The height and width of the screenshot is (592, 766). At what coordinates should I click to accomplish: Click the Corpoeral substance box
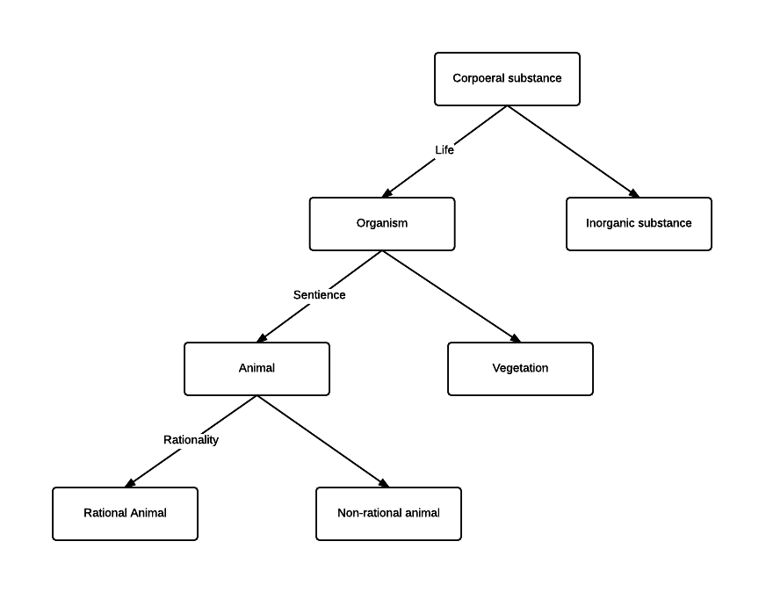[507, 79]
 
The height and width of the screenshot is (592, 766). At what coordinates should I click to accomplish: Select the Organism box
[382, 224]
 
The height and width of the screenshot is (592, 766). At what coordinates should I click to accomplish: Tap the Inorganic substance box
[639, 224]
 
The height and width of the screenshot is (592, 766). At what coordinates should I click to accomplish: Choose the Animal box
[257, 369]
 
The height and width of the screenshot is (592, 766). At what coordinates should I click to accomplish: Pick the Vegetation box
[520, 369]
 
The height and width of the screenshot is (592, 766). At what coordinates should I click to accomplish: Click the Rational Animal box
[125, 514]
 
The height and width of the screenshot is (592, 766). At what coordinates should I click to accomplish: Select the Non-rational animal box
[388, 514]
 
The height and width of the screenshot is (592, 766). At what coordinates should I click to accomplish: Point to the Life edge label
[444, 150]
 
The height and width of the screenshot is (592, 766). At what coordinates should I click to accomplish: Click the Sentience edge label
[319, 295]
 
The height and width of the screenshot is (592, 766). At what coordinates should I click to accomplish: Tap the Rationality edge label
[191, 440]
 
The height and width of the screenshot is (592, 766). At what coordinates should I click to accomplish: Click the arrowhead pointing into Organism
[387, 193]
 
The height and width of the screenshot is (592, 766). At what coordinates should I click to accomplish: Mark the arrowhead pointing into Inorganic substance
[633, 193]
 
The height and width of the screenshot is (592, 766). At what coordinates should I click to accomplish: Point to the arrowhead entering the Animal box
[262, 338]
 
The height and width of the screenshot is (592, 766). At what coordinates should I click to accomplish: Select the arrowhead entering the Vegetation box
[515, 338]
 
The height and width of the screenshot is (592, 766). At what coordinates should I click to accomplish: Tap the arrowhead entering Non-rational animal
[383, 483]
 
